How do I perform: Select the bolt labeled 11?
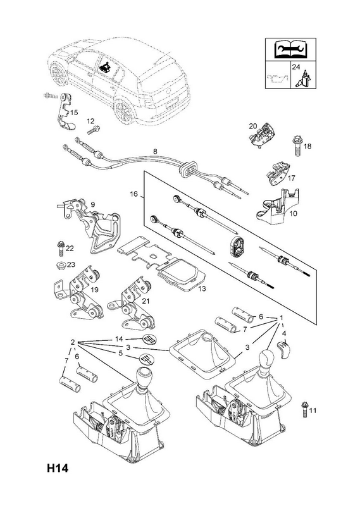click(304, 409)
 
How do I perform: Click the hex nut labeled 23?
click(61, 265)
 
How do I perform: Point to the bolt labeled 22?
click(61, 249)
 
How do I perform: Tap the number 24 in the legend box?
click(295, 67)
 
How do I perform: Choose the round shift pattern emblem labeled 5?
click(146, 359)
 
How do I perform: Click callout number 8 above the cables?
click(155, 151)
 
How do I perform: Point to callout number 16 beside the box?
click(133, 194)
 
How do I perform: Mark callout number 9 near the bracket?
click(92, 204)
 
